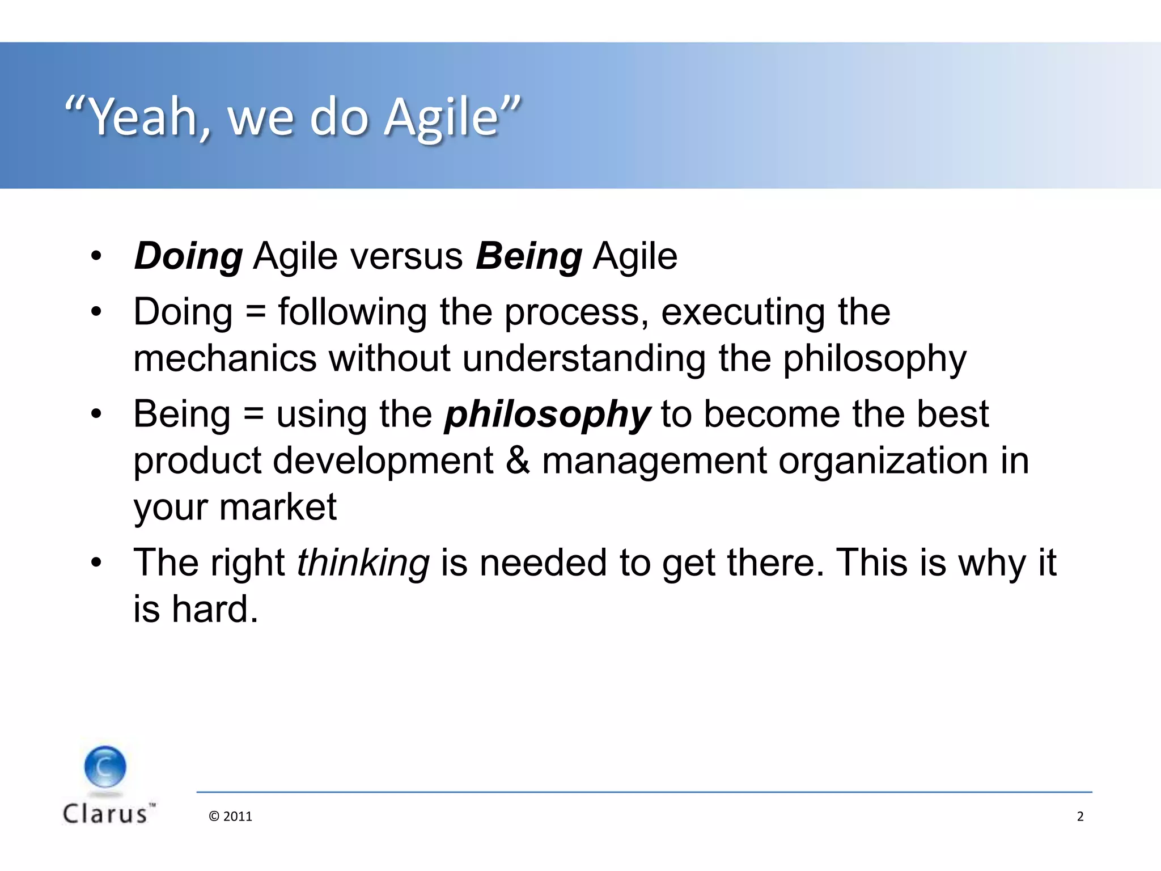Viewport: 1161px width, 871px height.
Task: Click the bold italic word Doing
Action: click(188, 256)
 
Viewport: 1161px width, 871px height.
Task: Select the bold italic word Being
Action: click(528, 256)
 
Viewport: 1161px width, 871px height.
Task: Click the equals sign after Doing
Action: click(256, 312)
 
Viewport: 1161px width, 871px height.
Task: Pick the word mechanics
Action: click(224, 359)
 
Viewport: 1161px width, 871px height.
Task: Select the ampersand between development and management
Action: click(517, 460)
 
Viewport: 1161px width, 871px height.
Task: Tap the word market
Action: click(277, 507)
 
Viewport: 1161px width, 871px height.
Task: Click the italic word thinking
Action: click(363, 564)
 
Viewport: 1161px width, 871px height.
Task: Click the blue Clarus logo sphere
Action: click(105, 767)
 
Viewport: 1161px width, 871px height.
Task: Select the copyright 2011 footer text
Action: click(230, 817)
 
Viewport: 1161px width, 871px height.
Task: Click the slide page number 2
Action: click(1079, 817)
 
